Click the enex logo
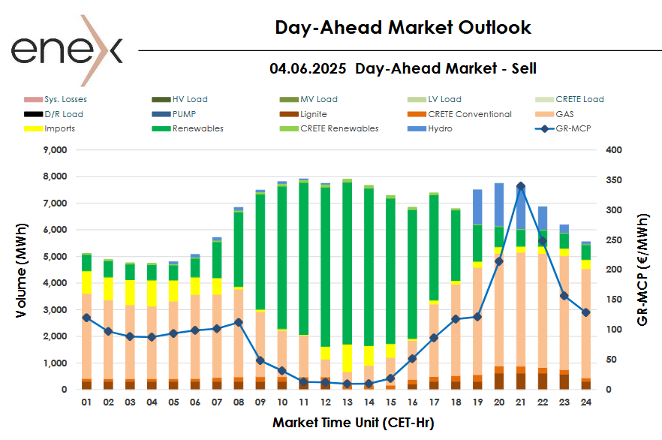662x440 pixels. point(66,49)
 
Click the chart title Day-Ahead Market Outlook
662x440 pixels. point(403,28)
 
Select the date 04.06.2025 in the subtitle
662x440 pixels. point(308,69)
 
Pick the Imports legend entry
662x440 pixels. point(59,128)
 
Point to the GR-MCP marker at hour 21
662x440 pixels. point(520,186)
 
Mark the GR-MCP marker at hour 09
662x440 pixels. point(260,360)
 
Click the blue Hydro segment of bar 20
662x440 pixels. point(498,204)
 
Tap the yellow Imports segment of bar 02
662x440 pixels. point(108,289)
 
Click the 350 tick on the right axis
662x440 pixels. point(614,180)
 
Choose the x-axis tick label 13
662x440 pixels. point(347,403)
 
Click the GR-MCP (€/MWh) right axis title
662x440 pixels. point(642,270)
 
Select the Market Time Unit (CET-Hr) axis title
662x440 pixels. point(353,422)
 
